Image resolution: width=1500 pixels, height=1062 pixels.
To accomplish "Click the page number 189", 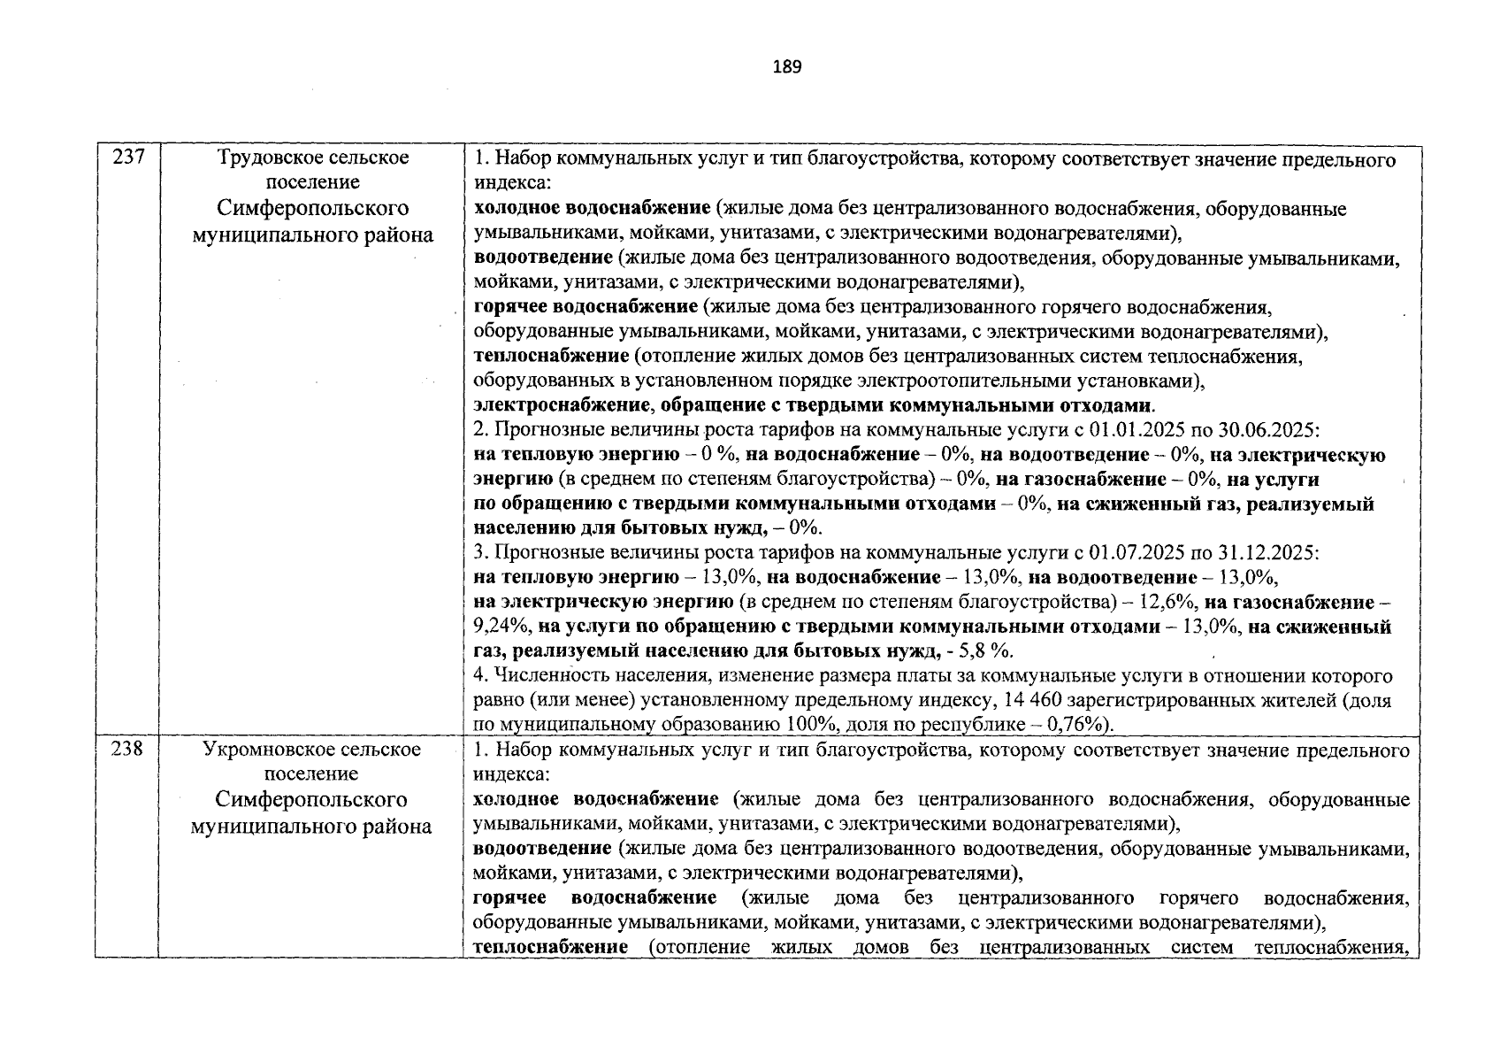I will click(786, 67).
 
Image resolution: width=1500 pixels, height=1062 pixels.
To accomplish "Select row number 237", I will click(127, 159).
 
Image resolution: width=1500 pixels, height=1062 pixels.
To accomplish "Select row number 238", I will click(127, 750).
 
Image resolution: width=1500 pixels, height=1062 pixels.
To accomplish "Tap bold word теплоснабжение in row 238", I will click(550, 948).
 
